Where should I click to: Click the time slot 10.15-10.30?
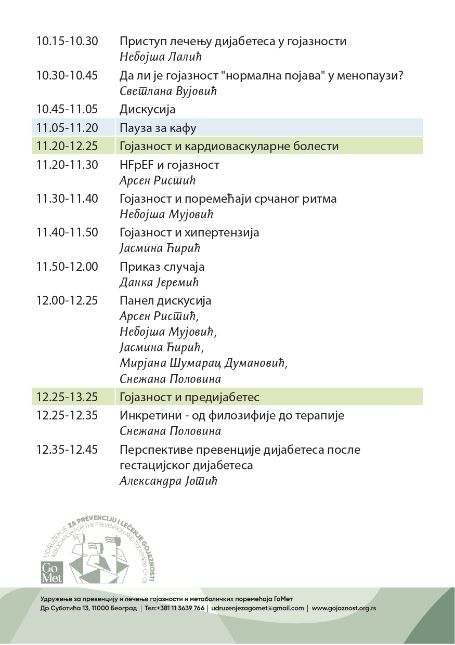(x=67, y=42)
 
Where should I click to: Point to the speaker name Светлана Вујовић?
(x=167, y=91)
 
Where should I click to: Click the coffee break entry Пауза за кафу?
(x=158, y=128)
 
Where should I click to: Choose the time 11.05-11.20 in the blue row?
(x=67, y=128)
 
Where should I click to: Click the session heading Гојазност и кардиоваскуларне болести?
(x=229, y=146)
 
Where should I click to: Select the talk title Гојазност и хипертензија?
(x=189, y=232)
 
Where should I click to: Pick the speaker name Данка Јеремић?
(x=159, y=283)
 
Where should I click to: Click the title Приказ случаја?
(x=162, y=267)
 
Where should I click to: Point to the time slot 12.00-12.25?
(x=67, y=300)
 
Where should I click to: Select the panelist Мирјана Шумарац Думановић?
(x=203, y=363)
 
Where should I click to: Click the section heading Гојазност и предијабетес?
(x=189, y=398)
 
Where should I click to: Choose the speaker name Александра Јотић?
(x=168, y=481)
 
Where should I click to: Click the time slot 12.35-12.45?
(x=67, y=450)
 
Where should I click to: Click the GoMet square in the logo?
(x=52, y=572)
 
